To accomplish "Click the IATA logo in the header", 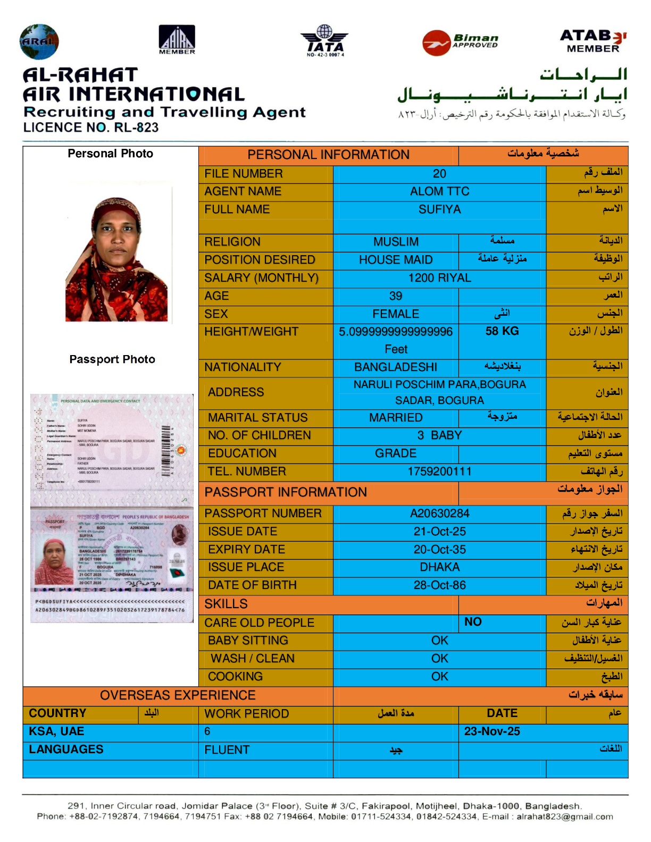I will click(324, 40).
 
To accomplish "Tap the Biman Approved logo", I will click(461, 42).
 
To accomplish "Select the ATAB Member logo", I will click(593, 41).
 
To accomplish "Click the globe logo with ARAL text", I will click(39, 41).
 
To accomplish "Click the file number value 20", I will click(439, 174).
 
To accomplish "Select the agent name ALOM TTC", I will click(439, 191).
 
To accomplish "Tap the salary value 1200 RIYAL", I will click(439, 278).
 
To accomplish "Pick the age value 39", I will click(396, 296).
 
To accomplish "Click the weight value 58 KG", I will click(502, 331).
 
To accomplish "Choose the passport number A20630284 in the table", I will click(439, 513).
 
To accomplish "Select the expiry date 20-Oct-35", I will click(439, 550).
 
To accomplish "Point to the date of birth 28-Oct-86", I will click(439, 585).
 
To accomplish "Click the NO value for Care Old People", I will click(473, 622).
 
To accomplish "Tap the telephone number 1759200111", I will click(439, 471).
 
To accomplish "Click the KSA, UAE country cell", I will click(56, 731).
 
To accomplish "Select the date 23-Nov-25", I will click(492, 731).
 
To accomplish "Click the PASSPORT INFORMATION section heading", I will click(286, 492).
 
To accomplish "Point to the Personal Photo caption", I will click(110, 154).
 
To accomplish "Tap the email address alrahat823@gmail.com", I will click(564, 816).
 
